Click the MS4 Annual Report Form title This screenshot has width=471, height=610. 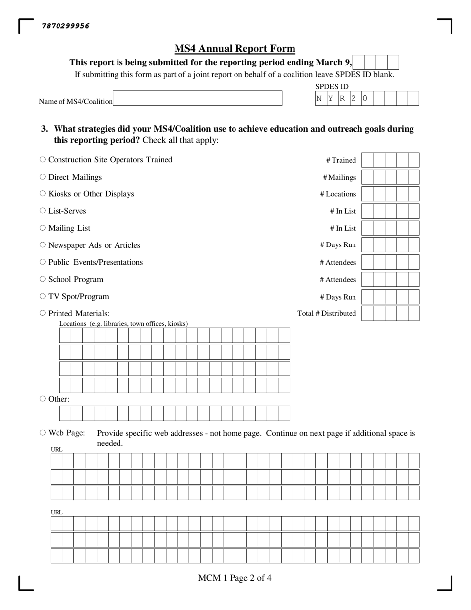235,49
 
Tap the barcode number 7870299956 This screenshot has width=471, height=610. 66,26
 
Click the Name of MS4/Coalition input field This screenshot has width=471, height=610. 197,98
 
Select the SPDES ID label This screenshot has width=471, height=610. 332,87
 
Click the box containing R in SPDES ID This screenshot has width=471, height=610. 342,98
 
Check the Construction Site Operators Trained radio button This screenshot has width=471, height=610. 43,160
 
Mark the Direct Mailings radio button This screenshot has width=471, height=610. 43,177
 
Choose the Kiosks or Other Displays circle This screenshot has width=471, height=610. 43,194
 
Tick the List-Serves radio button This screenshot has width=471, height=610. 43,211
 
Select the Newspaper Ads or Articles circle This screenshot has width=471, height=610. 43,245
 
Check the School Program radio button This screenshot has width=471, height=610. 43,279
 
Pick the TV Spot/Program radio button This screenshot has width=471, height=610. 43,296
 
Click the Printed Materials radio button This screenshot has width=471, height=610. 43,313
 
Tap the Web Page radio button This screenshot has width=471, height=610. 43,433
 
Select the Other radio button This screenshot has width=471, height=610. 43,399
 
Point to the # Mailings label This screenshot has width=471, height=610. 339,178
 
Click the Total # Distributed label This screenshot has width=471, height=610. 327,313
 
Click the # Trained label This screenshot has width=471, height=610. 341,160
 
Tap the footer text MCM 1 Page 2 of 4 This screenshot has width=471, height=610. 235,578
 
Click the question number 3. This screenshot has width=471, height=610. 45,129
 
